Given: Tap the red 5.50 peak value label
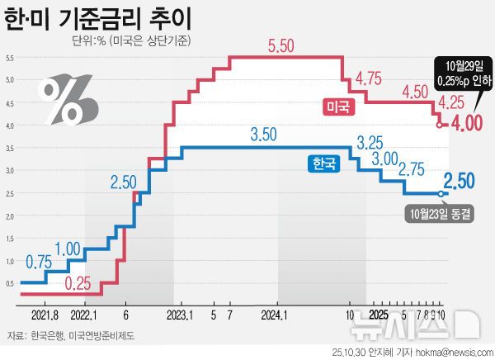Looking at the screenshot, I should coord(281,47).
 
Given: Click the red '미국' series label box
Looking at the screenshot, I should coord(337,106).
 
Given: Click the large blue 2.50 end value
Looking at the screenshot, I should coord(459,181).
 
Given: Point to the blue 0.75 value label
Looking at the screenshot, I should coord(39,262).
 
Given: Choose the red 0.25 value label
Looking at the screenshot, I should coord(78,282).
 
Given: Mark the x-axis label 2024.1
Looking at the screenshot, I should coord(273,315).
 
